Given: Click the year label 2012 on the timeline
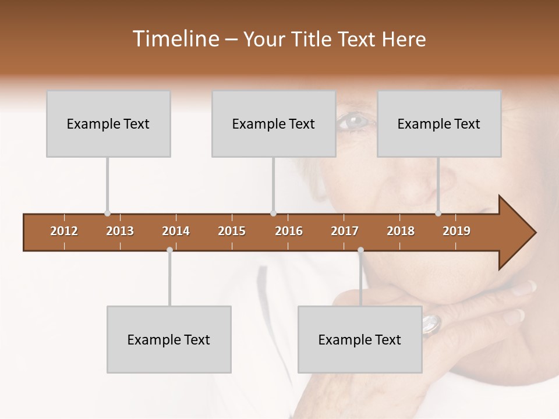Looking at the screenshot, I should tap(64, 231).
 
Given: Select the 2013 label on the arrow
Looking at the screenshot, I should tap(120, 231).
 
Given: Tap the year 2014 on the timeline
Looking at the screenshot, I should tap(176, 231).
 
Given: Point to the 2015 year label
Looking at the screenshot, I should tap(232, 231).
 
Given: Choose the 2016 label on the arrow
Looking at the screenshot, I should tap(289, 231).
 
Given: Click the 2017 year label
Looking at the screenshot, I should tap(345, 231).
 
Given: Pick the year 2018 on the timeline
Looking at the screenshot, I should tap(401, 231).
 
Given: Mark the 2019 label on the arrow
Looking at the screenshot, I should tap(457, 231).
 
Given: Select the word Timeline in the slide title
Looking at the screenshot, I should tap(174, 39).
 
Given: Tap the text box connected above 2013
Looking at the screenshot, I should tap(108, 124).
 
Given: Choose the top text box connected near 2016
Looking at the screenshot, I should tap(274, 124).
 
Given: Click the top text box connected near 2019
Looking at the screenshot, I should tap(439, 124).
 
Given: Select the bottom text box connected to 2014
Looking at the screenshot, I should tap(169, 339).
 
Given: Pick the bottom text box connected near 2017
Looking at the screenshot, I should tap(360, 339).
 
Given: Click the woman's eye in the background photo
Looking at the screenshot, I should tap(353, 121).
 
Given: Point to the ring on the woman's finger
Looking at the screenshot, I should tap(431, 324).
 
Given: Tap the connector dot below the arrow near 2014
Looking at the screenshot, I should tap(169, 250).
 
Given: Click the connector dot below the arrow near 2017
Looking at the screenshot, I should tap(360, 250).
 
